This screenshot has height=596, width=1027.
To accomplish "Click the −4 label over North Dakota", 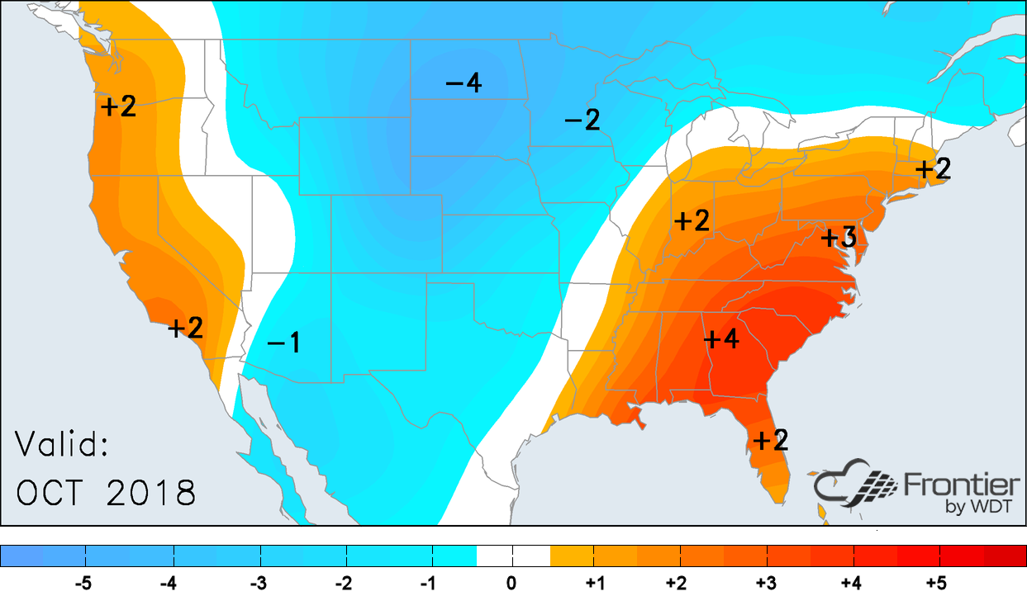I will point(464,83).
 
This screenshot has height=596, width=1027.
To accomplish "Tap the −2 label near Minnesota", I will point(582,121).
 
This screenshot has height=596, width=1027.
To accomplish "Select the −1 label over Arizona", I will point(283,343).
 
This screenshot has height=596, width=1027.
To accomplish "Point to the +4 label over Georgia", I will point(720,338).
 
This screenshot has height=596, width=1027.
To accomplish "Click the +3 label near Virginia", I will point(838,239).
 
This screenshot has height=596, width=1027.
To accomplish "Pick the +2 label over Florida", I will point(768,440).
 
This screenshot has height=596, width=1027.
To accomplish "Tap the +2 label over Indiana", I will point(692,221).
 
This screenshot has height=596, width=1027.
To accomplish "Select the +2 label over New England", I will point(934,169).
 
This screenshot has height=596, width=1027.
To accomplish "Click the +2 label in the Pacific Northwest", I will point(118,106).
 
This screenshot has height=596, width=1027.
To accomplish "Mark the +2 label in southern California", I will point(186,328).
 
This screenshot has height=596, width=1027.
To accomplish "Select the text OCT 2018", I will point(107,493).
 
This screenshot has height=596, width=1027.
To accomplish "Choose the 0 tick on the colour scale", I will point(511,584).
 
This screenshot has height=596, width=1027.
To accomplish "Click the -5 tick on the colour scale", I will point(83,584).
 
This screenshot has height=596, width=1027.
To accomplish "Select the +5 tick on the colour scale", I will point(935,584).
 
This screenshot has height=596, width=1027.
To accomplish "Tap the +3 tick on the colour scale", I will point(766,584).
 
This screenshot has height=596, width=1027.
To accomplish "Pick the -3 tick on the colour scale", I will point(258,584).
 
